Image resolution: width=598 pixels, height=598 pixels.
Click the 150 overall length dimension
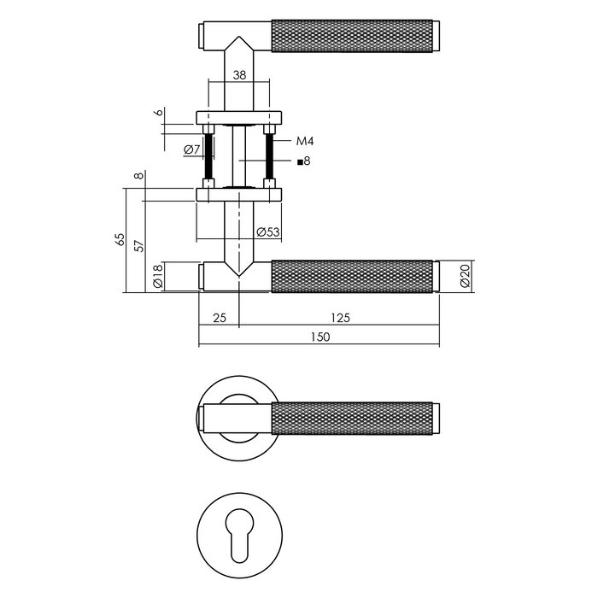click(320, 337)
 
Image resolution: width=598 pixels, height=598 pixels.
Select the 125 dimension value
click(340, 318)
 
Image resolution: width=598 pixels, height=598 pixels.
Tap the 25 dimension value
click(219, 318)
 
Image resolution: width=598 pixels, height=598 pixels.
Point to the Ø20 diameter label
click(465, 277)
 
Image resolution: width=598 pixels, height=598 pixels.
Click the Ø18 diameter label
click(157, 278)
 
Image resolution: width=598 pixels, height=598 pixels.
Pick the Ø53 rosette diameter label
click(268, 232)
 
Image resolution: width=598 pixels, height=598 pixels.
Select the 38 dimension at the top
click(240, 75)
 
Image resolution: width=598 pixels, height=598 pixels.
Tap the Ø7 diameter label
click(191, 150)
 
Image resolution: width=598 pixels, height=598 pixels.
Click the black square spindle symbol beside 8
click(298, 161)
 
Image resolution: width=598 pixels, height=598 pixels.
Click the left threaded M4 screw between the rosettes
click(208, 155)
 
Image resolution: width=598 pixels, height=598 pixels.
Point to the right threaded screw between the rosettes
click(271, 155)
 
